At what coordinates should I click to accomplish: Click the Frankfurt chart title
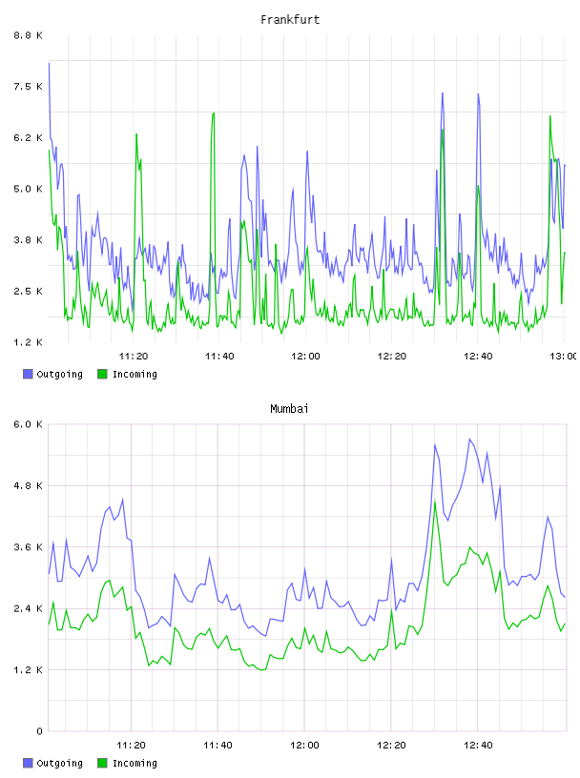point(290,20)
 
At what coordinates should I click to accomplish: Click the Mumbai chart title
point(289,409)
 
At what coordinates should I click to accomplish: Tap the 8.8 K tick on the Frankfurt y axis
point(28,35)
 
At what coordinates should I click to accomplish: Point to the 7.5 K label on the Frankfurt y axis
point(28,87)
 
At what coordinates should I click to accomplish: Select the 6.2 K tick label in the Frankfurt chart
point(28,137)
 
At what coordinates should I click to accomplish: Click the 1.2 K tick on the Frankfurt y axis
point(28,342)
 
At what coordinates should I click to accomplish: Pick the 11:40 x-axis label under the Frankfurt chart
point(219,356)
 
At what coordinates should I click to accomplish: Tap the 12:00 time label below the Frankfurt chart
point(305,356)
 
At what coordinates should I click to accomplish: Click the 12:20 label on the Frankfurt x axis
point(392,356)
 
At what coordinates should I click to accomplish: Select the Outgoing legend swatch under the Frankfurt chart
point(28,374)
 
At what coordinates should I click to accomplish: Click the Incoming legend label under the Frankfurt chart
point(135,375)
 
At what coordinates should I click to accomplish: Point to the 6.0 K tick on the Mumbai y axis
point(28,424)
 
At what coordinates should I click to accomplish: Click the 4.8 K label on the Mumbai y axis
point(28,485)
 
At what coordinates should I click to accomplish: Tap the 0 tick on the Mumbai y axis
point(40,731)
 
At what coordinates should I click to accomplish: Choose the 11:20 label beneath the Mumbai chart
point(131,745)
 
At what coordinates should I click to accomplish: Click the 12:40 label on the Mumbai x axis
point(478,745)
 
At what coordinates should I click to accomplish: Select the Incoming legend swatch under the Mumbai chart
point(102,763)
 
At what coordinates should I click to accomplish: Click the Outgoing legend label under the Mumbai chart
point(59,764)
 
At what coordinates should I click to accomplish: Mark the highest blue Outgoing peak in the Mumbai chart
point(469,440)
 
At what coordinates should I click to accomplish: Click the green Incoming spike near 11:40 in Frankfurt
point(214,113)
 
